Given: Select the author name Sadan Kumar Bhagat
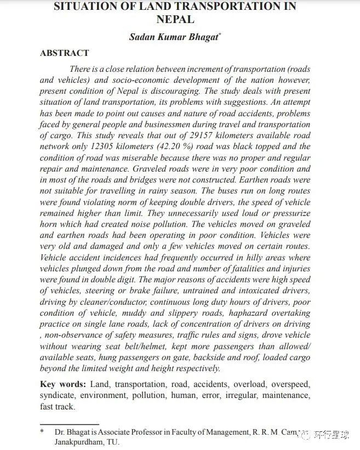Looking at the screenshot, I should point(173,37).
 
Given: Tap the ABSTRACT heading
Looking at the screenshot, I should point(64,54).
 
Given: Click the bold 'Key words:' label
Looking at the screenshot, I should point(63,384).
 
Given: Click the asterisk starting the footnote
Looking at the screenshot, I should point(42,432).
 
